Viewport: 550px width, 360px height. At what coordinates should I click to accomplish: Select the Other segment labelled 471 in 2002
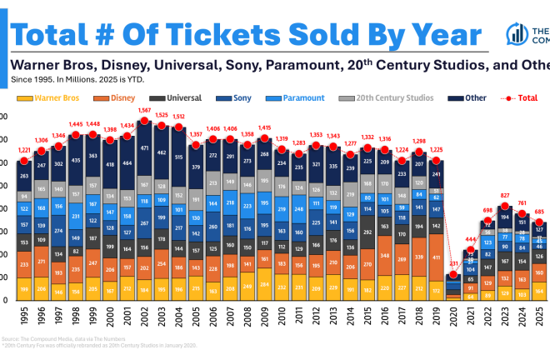coord(145,148)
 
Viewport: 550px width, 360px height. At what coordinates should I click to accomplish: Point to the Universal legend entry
coord(182,97)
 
